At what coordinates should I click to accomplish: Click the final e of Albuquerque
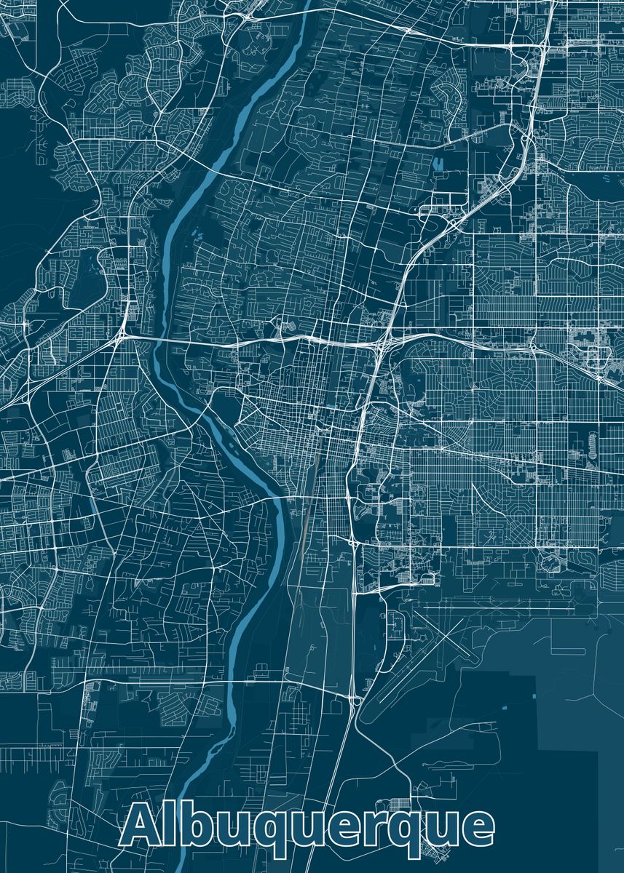tap(477, 830)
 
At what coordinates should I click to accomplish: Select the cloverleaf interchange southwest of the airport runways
tap(355, 700)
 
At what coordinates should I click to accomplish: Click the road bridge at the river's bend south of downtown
tap(280, 499)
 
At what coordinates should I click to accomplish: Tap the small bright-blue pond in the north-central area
tap(439, 164)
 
